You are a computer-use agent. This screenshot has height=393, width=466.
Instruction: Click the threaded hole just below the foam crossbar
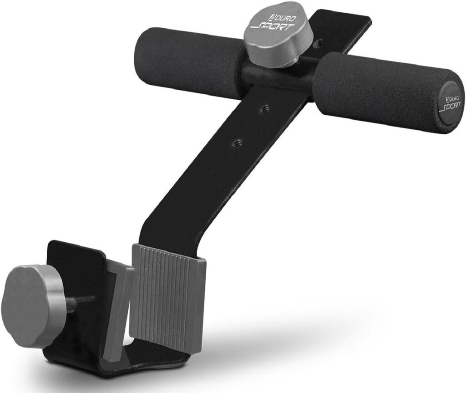pos(263,109)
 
